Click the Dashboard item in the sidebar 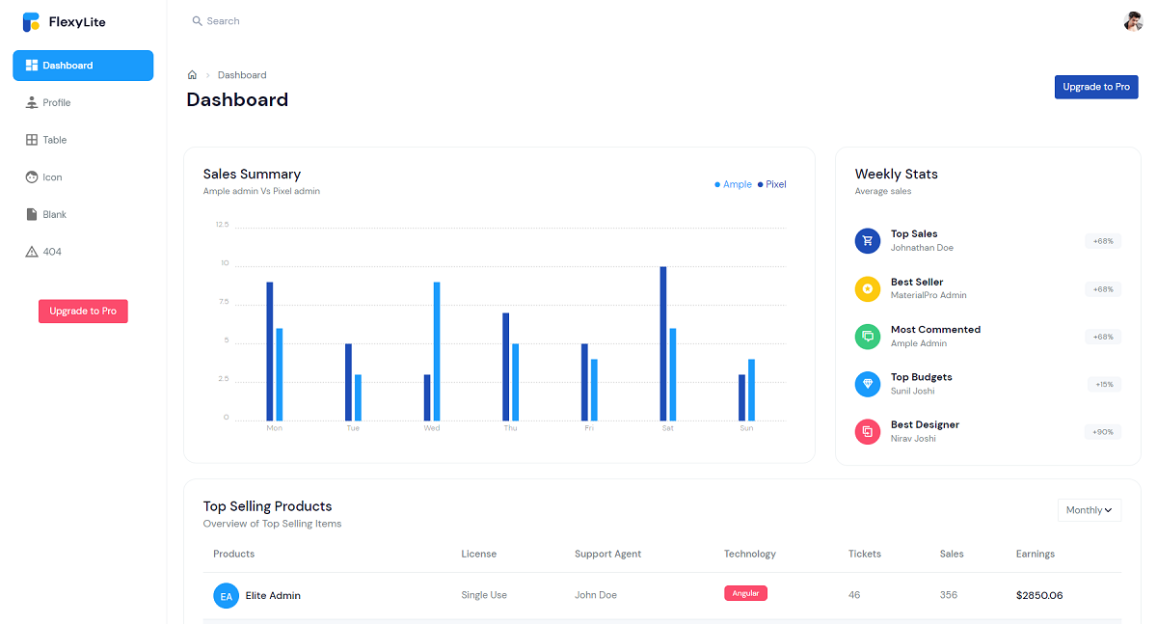[x=82, y=66]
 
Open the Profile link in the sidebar [x=56, y=103]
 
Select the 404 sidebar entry [x=51, y=252]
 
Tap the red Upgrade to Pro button [x=83, y=312]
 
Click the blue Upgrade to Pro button [x=1096, y=87]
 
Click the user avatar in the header [x=1133, y=21]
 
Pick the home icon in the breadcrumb [x=192, y=75]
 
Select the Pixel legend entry [x=772, y=184]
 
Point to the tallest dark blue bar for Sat [x=663, y=343]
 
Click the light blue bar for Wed [x=437, y=351]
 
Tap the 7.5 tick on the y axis [x=224, y=302]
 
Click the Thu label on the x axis [x=510, y=428]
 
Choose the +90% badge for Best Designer [x=1103, y=432]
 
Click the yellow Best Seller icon [x=868, y=288]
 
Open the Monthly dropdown [x=1089, y=510]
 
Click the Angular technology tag [x=745, y=594]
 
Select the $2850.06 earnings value [x=1039, y=595]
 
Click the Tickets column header [x=864, y=554]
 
